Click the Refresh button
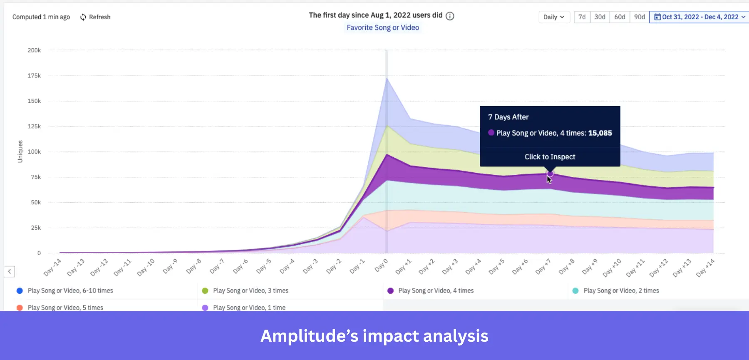click(x=95, y=17)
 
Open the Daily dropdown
click(x=553, y=17)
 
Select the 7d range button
click(x=582, y=17)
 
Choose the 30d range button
click(x=600, y=17)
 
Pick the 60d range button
click(x=620, y=17)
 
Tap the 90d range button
click(x=639, y=17)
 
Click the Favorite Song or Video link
click(x=383, y=27)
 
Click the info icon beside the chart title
click(x=450, y=16)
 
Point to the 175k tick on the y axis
click(x=34, y=76)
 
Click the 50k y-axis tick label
click(x=36, y=202)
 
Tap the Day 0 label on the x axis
click(x=381, y=265)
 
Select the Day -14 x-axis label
click(x=52, y=267)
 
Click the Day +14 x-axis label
click(x=705, y=268)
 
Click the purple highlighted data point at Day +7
click(x=550, y=174)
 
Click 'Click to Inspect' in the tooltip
click(x=550, y=157)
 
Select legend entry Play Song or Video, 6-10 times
click(x=70, y=290)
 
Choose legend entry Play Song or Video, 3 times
click(x=250, y=290)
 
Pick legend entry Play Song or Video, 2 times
click(x=621, y=290)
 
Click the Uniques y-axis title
click(x=20, y=151)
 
